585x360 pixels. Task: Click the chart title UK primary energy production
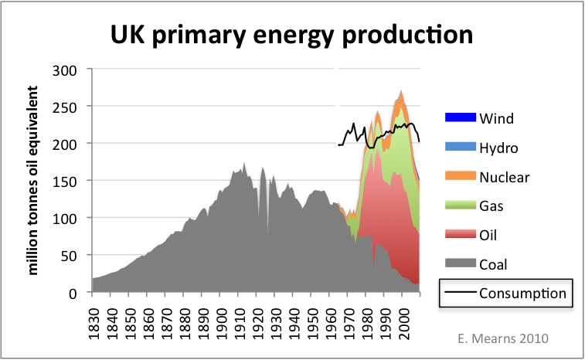[x=293, y=35]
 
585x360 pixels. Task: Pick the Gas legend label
[x=492, y=206]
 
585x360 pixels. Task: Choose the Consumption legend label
[x=523, y=294]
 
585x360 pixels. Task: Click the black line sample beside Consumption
[x=457, y=294]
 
